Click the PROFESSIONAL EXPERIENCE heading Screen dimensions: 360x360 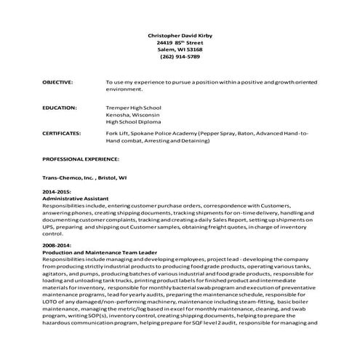tap(80, 159)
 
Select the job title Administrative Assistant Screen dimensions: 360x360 tap(76, 199)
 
